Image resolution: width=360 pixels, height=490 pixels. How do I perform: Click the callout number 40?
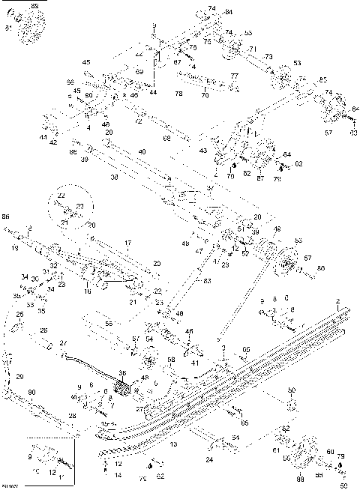coord(142,152)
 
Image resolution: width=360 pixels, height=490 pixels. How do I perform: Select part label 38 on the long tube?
coord(115,178)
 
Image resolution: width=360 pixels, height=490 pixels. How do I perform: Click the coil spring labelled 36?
coord(123,390)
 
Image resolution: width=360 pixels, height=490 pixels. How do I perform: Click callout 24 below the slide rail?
coord(208,460)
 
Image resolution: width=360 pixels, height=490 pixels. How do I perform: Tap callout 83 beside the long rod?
coord(206,281)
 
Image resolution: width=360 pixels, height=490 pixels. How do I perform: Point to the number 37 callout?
coord(211,188)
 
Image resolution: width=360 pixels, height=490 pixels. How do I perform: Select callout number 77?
coord(235,76)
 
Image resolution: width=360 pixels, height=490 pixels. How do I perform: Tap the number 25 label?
coord(19,315)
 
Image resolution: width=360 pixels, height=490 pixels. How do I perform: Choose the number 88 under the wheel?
coord(300,479)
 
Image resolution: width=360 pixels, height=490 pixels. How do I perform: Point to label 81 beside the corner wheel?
coord(8,28)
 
